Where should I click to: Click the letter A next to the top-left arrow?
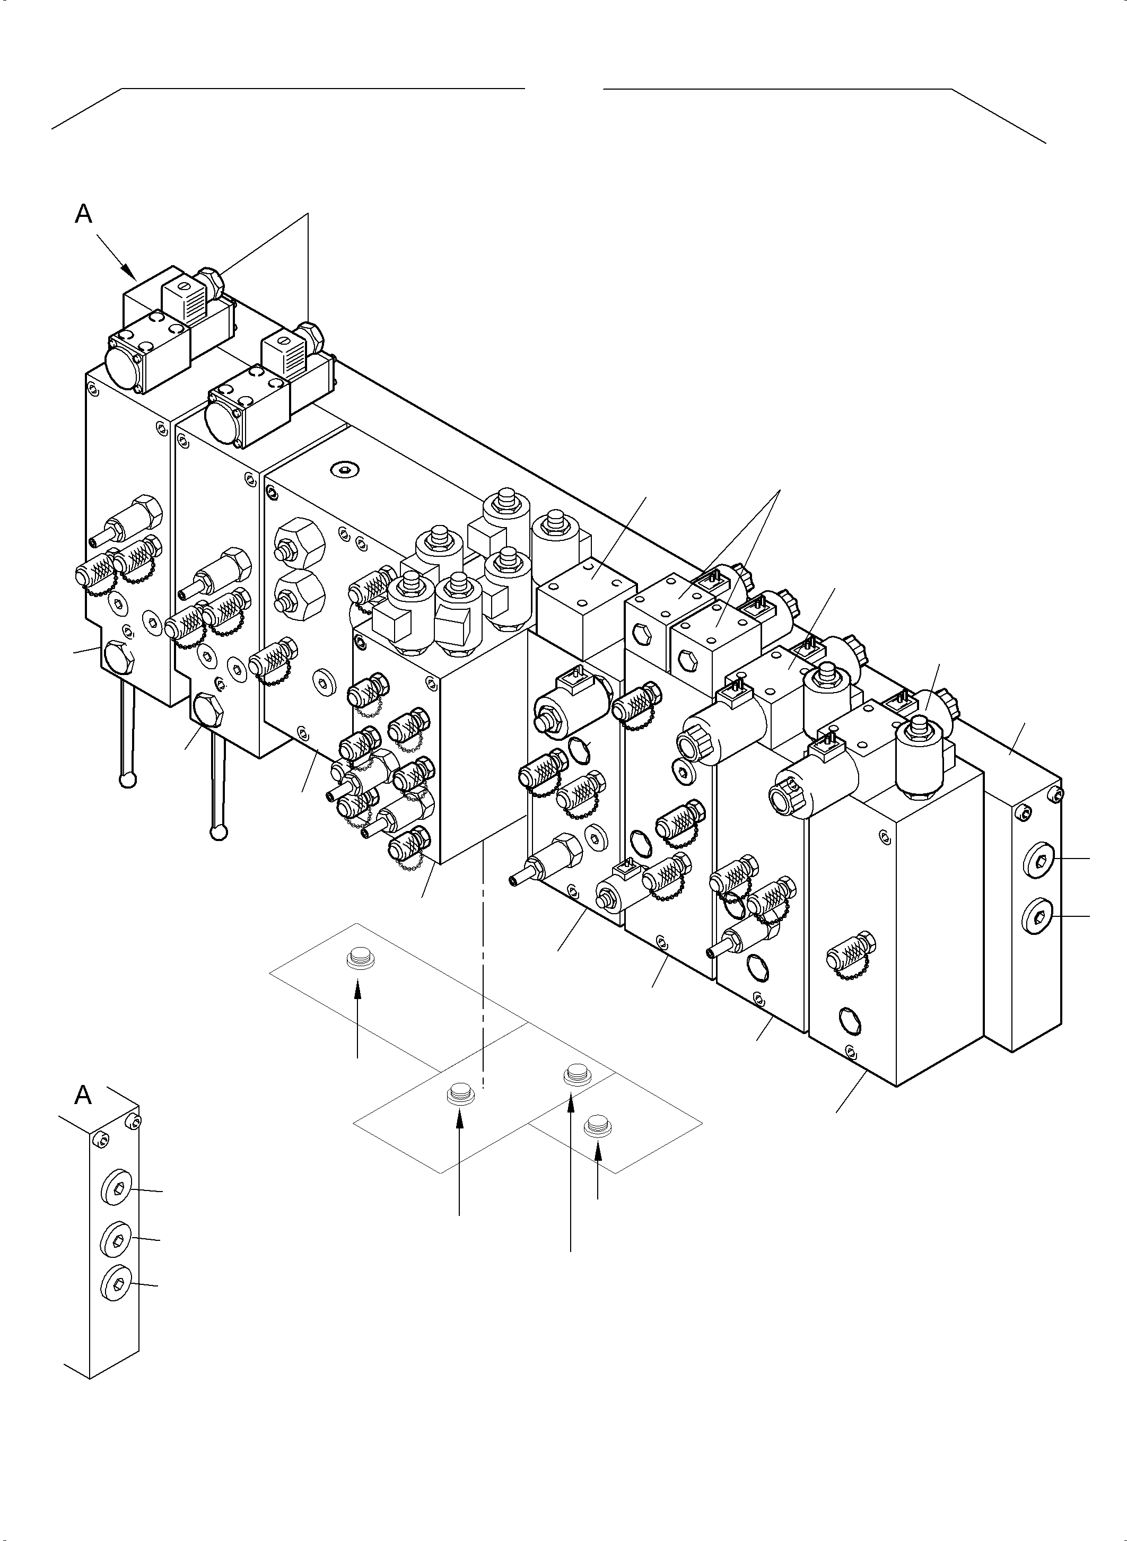(x=83, y=214)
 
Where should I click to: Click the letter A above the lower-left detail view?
(x=83, y=1095)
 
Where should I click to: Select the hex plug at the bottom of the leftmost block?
(x=118, y=655)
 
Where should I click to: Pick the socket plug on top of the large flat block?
(x=345, y=469)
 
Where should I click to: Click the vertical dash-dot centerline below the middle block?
(x=483, y=955)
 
